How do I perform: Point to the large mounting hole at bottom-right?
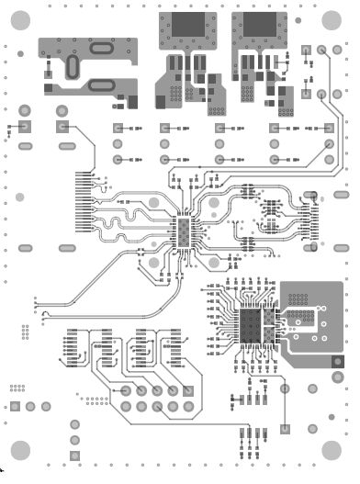coord(333,449)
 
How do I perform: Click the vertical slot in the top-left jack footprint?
coord(72,66)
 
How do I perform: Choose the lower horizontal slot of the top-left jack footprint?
coord(101,86)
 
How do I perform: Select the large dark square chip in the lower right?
coord(250,324)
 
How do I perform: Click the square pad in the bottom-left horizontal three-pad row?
coord(15,407)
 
